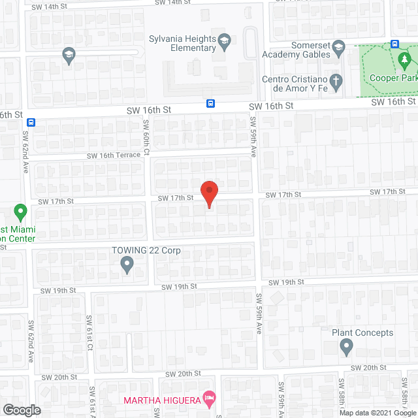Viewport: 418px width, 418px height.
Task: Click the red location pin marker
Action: (x=208, y=194)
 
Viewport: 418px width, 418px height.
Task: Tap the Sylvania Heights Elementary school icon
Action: (x=224, y=40)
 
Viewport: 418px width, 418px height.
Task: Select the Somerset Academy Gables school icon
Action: (x=338, y=46)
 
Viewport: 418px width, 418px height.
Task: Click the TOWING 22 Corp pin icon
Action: (x=127, y=265)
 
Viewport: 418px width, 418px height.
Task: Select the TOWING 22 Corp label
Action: (x=145, y=251)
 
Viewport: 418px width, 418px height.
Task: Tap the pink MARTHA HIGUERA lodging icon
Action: (x=209, y=397)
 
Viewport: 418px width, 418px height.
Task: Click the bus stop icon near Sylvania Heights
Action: (x=211, y=103)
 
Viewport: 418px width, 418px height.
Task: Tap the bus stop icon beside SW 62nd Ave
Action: (x=32, y=121)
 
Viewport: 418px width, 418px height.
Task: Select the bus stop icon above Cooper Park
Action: (x=394, y=44)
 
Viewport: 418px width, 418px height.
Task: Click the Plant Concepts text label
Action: (x=362, y=332)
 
